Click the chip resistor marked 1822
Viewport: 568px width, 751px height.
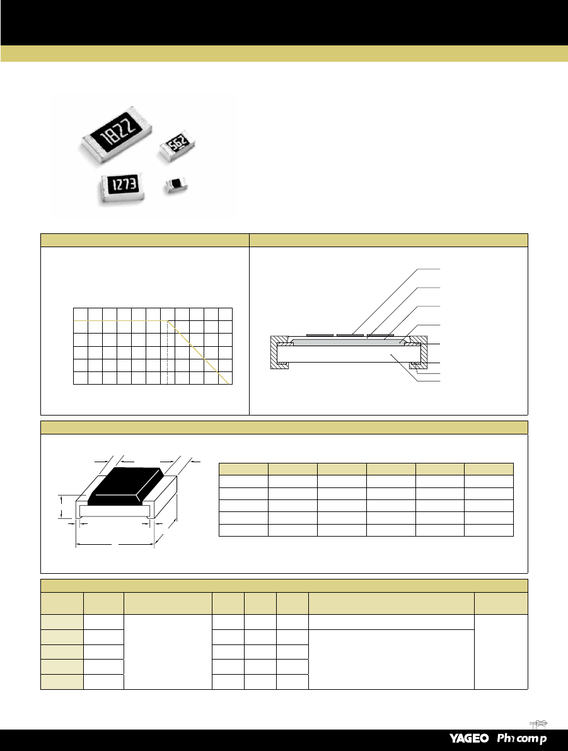(x=117, y=134)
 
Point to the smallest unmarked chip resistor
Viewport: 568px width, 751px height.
(x=175, y=185)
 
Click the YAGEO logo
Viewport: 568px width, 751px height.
(x=469, y=738)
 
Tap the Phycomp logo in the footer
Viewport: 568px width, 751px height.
(x=521, y=738)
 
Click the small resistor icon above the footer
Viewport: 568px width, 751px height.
(x=539, y=723)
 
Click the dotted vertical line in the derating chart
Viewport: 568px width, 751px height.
(x=167, y=352)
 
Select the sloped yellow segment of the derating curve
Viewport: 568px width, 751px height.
(x=197, y=352)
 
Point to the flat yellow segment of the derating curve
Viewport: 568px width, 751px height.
(x=120, y=320)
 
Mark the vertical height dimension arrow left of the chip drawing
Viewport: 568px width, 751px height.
(x=62, y=507)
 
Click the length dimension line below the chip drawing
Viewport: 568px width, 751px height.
(x=115, y=545)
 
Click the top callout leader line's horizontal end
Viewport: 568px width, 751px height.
(x=429, y=269)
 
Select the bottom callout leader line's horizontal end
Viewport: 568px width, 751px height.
(x=429, y=381)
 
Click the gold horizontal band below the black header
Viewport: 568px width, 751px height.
(x=284, y=54)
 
